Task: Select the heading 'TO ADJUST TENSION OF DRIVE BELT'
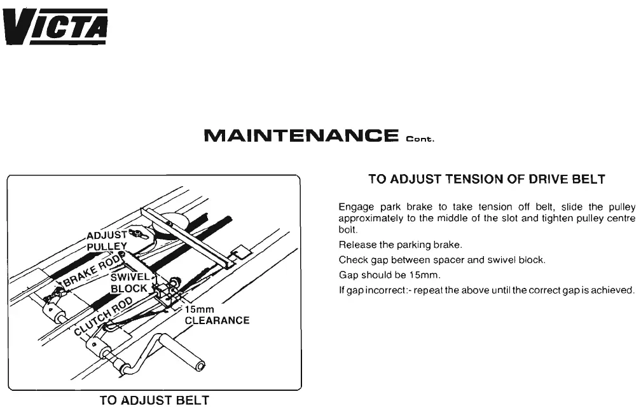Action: pyautogui.click(x=486, y=180)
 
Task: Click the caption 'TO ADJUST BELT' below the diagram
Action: pyautogui.click(x=154, y=400)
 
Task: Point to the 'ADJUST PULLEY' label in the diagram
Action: pyautogui.click(x=106, y=241)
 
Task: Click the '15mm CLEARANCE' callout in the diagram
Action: pyautogui.click(x=216, y=315)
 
